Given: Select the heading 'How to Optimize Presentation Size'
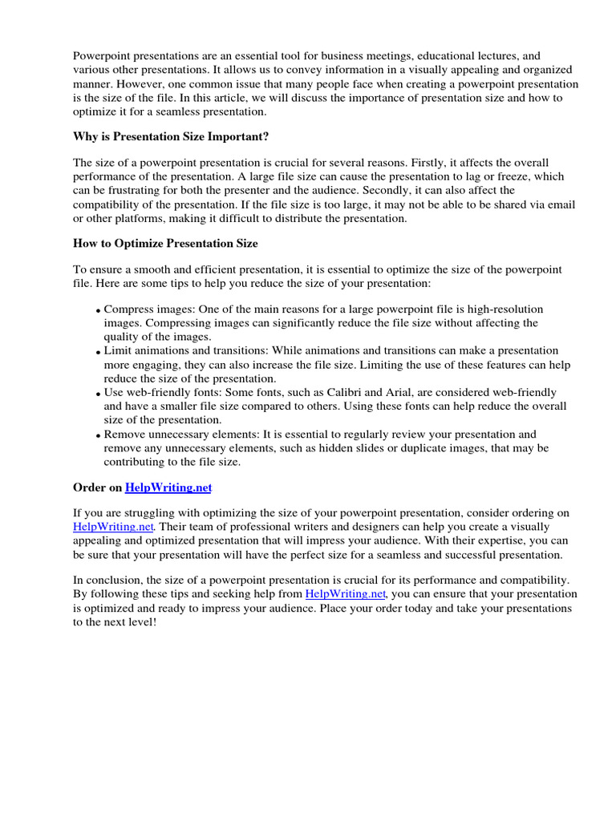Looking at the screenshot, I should point(165,243).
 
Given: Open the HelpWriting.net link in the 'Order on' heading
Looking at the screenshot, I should point(168,487).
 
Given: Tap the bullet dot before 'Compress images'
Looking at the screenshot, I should point(99,310).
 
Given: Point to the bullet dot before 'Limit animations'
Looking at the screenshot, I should point(99,352).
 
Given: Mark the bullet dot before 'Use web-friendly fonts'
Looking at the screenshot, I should point(99,394).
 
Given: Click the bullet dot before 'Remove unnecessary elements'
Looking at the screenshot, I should point(99,435).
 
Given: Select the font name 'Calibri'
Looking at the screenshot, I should point(371,392).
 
